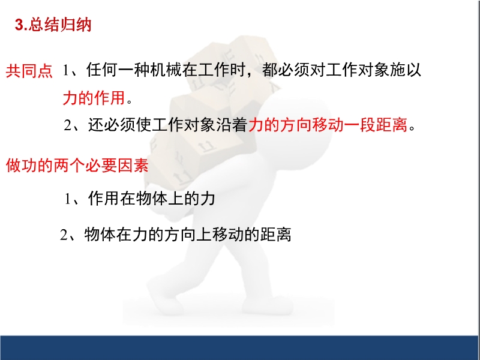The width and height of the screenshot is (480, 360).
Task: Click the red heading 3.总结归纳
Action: pos(53,25)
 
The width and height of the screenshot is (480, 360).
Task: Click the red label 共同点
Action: pos(29,71)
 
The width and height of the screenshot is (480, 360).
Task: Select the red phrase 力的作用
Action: pos(94,98)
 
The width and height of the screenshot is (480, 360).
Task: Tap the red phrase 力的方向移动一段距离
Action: pos(328,125)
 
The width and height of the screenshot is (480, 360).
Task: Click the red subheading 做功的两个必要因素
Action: pos(77,166)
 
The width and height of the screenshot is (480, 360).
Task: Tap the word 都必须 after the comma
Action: pos(286,70)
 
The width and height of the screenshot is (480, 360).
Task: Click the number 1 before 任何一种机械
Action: pos(65,70)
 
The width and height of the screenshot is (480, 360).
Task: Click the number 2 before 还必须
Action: pos(67,125)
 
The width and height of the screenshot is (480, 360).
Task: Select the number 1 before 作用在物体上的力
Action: pos(68,199)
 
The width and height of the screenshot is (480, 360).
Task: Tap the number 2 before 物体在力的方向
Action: pos(64,235)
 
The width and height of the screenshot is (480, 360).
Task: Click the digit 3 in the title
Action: pos(19,25)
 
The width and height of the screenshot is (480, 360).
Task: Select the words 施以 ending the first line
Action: pos(406,70)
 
